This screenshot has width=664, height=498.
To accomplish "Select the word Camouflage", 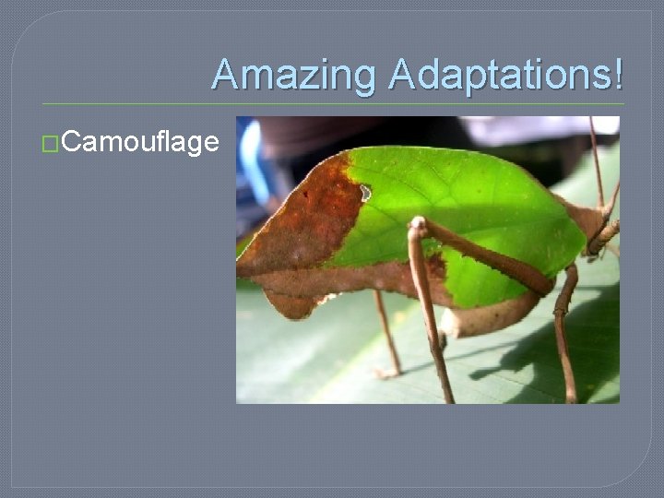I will pos(142,142).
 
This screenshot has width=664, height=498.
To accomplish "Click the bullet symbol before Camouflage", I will pos(52,143).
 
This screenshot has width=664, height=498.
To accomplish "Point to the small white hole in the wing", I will pos(365,193).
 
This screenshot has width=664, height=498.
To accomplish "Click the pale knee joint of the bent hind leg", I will pos(419,224).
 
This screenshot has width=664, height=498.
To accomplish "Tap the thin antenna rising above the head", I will pos(596,157).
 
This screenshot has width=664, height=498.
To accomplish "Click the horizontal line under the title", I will pos(332,103).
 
